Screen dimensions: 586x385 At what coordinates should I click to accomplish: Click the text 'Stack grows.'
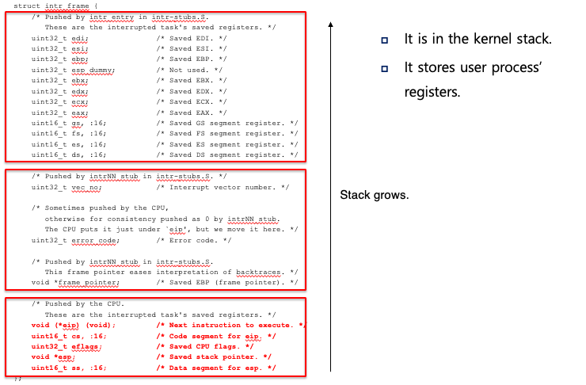pos(374,195)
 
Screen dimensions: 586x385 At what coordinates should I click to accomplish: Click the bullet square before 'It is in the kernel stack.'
pos(384,40)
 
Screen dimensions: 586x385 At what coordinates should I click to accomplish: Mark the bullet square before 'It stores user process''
pos(384,69)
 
